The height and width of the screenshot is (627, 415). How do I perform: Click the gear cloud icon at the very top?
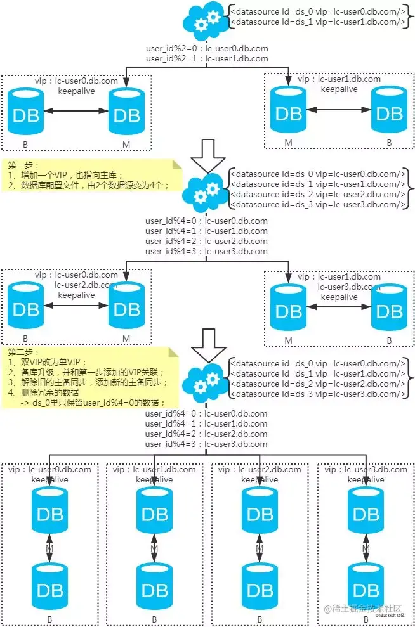point(204,20)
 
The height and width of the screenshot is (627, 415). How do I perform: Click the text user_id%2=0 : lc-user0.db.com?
point(207,49)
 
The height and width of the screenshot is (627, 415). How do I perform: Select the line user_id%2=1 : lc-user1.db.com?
point(207,58)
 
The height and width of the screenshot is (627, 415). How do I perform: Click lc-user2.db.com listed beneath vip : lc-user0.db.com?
point(86,285)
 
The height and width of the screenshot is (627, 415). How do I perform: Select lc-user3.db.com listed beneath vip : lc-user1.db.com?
point(349,287)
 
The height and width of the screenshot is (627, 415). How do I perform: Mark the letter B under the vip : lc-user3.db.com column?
point(365,618)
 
